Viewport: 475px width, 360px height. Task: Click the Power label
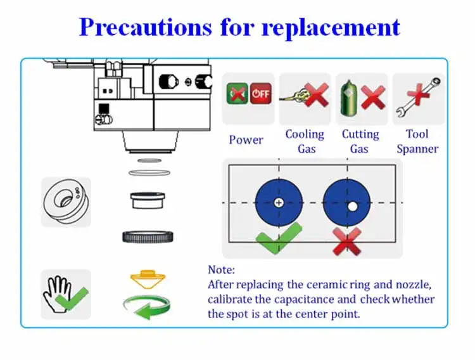click(x=246, y=139)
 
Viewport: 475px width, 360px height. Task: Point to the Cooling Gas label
click(x=305, y=141)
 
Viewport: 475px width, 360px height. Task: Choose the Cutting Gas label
click(x=360, y=141)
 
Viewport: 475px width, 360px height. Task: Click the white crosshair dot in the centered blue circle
click(x=279, y=203)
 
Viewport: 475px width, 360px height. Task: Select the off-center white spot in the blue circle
click(x=352, y=206)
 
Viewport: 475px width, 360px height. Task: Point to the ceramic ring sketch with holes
click(x=66, y=202)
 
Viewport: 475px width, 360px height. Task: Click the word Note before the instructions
click(x=221, y=270)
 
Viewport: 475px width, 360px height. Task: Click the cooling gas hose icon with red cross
click(x=305, y=99)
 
